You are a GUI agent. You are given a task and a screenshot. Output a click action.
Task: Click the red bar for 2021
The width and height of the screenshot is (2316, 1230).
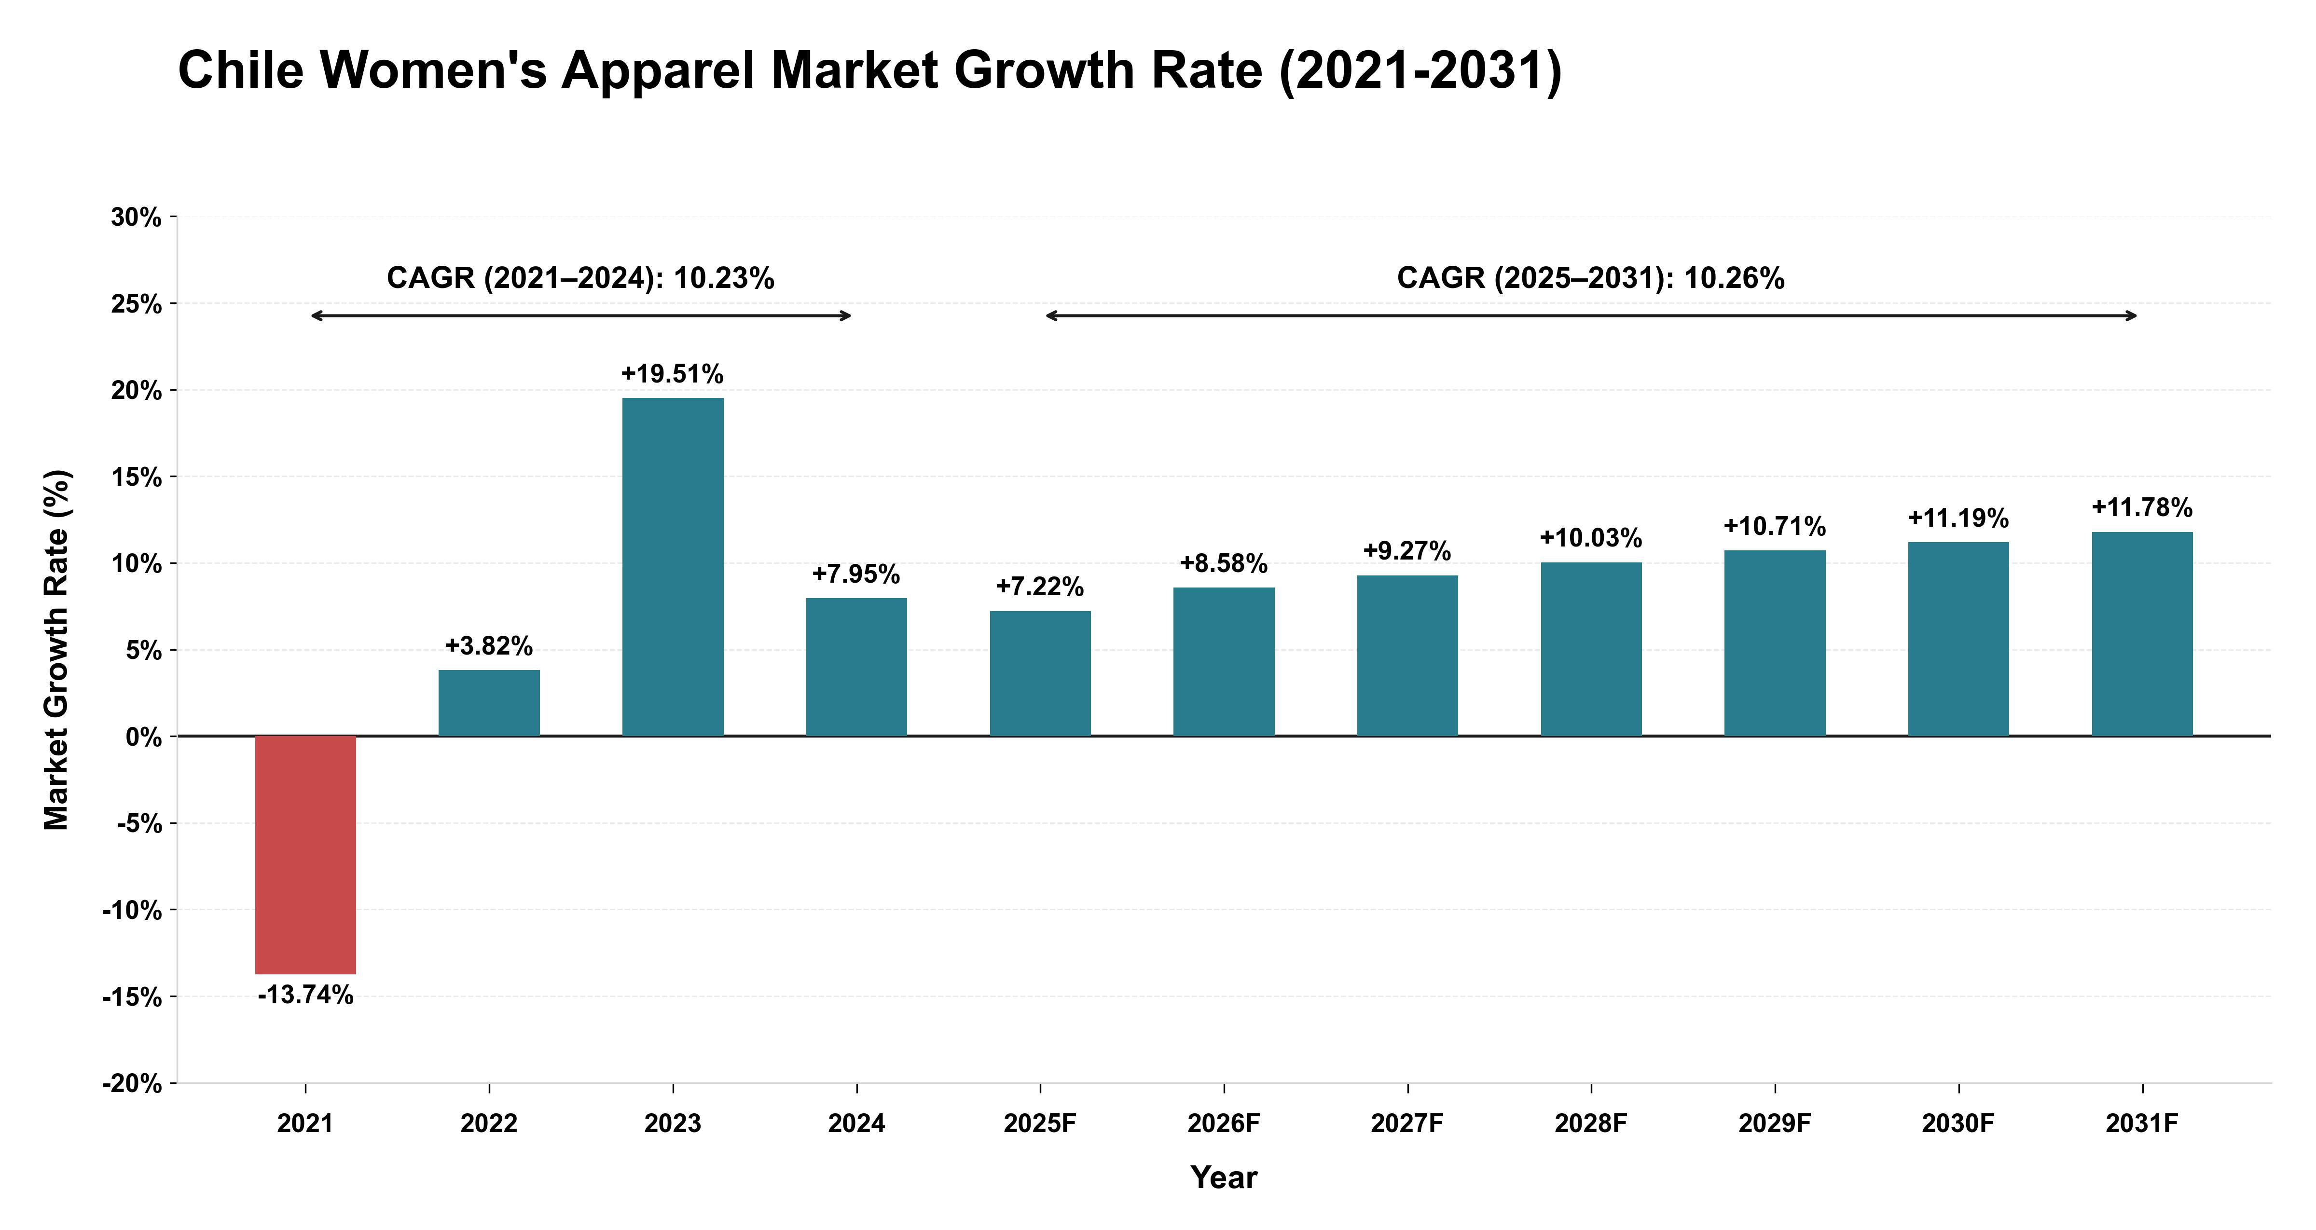click(x=306, y=855)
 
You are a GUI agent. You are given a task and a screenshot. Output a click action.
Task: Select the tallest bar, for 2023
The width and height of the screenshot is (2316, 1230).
click(x=673, y=567)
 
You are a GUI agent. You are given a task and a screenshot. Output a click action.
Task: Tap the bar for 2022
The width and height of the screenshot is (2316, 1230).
click(x=489, y=703)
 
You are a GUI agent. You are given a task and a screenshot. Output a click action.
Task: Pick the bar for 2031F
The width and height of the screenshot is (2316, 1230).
click(x=2142, y=634)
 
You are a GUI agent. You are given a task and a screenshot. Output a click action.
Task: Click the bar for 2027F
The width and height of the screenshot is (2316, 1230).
click(x=1407, y=656)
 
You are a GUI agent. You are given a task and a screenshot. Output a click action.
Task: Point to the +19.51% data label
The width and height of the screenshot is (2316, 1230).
click(x=673, y=374)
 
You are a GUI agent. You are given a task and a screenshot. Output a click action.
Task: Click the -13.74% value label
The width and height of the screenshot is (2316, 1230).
click(x=306, y=995)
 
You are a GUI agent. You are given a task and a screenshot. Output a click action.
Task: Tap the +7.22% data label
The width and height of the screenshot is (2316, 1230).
click(x=1040, y=587)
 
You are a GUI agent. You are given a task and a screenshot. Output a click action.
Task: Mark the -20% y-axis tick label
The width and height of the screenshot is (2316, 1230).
click(x=132, y=1084)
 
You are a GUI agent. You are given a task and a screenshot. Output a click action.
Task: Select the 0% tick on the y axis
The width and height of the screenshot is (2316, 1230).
click(x=144, y=738)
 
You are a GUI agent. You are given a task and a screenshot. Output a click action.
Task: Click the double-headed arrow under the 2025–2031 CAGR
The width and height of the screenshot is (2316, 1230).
click(x=1591, y=315)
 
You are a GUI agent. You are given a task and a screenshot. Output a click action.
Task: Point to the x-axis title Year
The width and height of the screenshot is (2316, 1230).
click(x=1224, y=1178)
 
